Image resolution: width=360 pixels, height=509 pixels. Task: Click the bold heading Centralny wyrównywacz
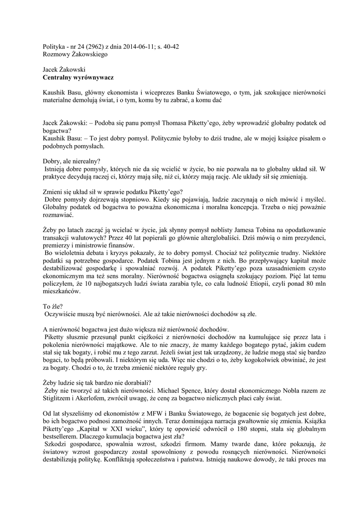pos(79,78)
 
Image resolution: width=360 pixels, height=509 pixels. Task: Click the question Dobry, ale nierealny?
pos(71,161)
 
